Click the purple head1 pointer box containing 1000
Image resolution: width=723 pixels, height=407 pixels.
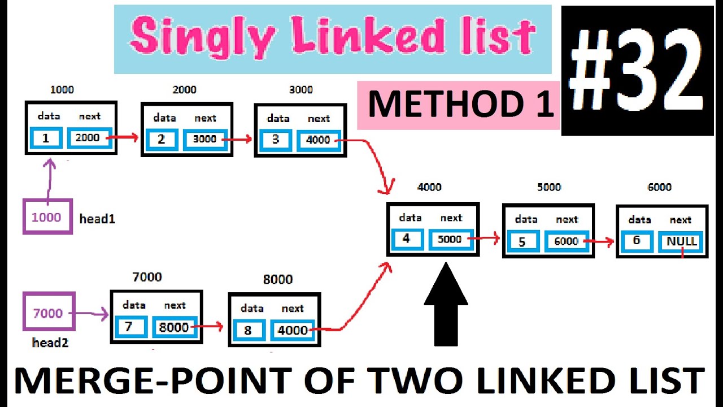(x=47, y=217)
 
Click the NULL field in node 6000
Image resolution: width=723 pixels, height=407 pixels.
(x=682, y=242)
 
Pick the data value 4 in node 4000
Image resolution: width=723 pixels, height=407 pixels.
(x=407, y=239)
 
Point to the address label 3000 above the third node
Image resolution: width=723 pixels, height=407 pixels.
(x=300, y=90)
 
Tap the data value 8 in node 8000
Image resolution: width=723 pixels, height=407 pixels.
(x=248, y=330)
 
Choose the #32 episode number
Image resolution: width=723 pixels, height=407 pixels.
(x=637, y=70)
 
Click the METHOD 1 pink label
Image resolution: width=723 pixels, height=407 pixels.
(x=459, y=105)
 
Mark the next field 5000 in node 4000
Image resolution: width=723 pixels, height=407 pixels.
(x=450, y=239)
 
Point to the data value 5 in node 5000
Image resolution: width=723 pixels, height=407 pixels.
(x=522, y=242)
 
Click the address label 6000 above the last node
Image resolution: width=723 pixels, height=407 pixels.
(x=659, y=187)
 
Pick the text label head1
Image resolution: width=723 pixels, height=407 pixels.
(x=97, y=219)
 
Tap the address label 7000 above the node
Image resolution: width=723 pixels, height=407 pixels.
(x=147, y=277)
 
